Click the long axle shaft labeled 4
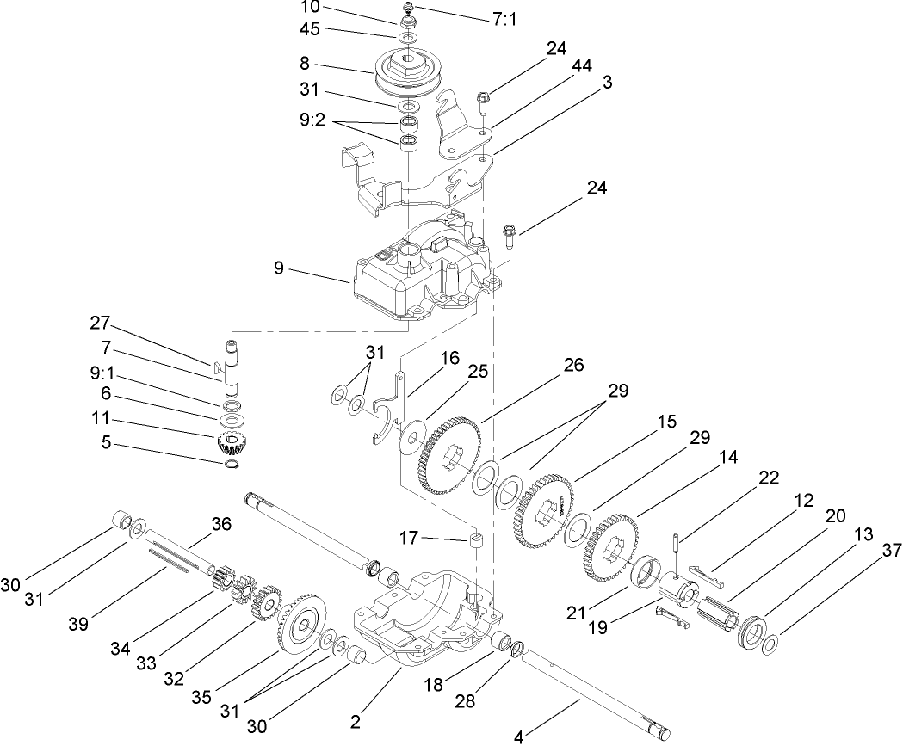(x=594, y=688)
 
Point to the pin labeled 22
(x=677, y=550)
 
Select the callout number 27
(x=100, y=323)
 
